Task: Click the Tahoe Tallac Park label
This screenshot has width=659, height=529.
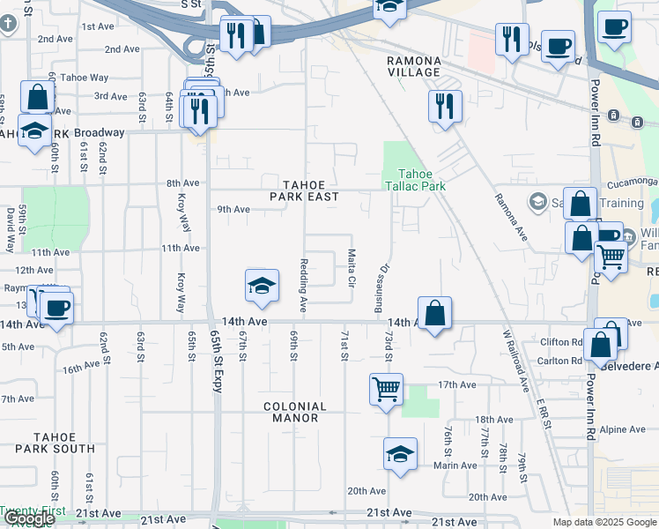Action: [415, 180]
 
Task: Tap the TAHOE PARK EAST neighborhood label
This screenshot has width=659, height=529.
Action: [304, 190]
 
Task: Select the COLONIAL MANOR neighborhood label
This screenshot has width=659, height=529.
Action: [295, 412]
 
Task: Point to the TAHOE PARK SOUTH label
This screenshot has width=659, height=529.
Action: [64, 443]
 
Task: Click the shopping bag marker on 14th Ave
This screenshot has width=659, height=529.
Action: [435, 313]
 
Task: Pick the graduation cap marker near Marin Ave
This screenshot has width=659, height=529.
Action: [400, 454]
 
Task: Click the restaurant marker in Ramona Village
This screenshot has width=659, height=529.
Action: [446, 106]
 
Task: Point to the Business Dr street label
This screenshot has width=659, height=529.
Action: [381, 287]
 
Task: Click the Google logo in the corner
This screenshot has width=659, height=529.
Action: [28, 519]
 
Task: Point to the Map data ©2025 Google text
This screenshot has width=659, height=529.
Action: [603, 522]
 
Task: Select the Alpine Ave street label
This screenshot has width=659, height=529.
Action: [624, 429]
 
